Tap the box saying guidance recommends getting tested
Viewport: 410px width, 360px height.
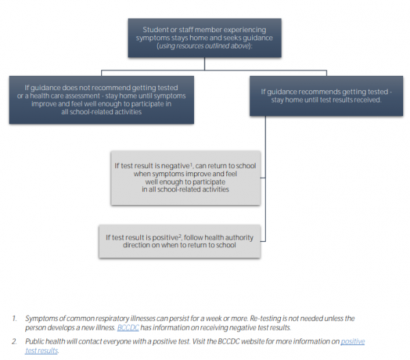tap(325, 95)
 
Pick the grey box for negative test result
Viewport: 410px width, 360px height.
tap(186, 178)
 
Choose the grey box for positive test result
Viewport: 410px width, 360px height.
tap(179, 241)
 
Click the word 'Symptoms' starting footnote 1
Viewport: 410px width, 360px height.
tap(42, 319)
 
